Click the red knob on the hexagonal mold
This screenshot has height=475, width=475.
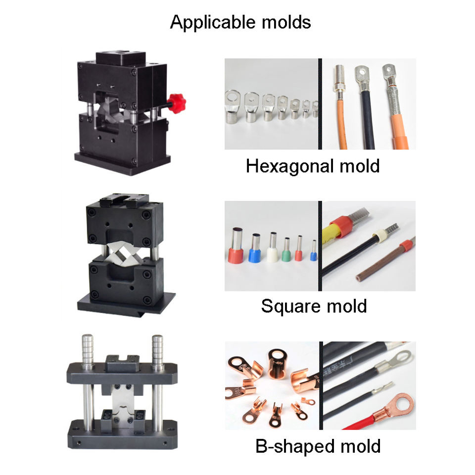[176, 103]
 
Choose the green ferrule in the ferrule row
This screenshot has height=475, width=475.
[286, 249]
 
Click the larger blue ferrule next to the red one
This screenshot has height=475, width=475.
[255, 248]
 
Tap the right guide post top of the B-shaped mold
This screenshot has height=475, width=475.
[157, 351]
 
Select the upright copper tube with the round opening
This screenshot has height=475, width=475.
[277, 364]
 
